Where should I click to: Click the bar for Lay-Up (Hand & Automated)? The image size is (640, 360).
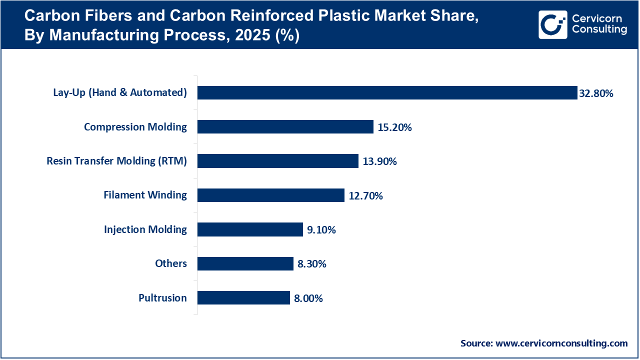click(387, 92)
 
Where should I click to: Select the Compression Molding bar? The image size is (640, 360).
click(285, 127)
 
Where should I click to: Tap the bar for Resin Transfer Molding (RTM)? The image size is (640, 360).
click(277, 161)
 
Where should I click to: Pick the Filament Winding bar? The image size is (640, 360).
click(270, 195)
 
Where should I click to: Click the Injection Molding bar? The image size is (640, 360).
click(250, 229)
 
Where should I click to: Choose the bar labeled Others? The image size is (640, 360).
click(245, 263)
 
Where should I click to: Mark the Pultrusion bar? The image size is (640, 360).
click(243, 298)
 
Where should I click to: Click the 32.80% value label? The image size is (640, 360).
click(596, 93)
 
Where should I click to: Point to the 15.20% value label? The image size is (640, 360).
click(394, 127)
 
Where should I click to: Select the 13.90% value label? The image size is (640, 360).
click(379, 161)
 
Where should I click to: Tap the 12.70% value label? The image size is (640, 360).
click(365, 196)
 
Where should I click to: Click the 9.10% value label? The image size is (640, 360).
click(321, 230)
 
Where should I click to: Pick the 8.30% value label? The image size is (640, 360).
click(311, 264)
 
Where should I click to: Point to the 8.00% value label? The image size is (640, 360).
click(308, 298)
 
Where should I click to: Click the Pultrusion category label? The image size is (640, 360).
click(162, 298)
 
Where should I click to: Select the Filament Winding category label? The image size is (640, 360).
click(145, 195)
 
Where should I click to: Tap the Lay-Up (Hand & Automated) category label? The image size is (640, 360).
click(120, 92)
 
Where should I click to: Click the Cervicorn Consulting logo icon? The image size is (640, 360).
click(552, 24)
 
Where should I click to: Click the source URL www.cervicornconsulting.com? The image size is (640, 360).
click(561, 343)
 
